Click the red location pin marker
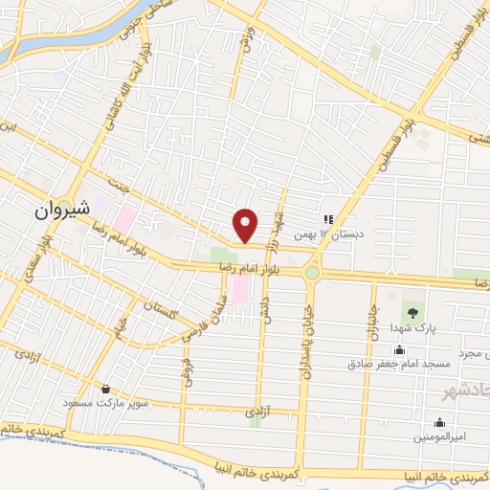[x=247, y=225]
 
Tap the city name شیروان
[x=63, y=207]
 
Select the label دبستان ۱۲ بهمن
[x=364, y=232]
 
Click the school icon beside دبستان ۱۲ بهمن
[x=328, y=219]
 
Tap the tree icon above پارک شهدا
[x=413, y=312]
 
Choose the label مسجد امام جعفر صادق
[x=390, y=364]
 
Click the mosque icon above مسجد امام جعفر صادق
[x=398, y=349]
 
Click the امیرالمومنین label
[x=439, y=436]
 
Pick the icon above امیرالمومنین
[x=439, y=422]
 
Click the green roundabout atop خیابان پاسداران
[x=312, y=273]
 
